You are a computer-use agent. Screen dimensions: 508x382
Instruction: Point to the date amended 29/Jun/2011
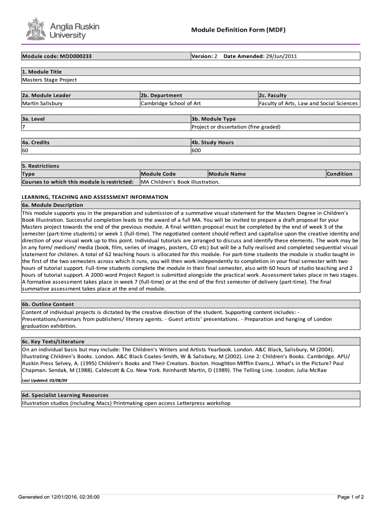pos(281,56)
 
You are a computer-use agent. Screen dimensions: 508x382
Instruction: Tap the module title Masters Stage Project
pos(49,79)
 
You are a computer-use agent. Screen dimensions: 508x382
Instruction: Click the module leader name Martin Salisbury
pos(42,103)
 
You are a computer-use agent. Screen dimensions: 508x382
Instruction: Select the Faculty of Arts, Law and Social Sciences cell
pos(308,103)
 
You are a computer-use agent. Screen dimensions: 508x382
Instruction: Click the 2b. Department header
pos(161,95)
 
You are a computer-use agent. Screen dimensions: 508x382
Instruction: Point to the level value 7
pos(23,127)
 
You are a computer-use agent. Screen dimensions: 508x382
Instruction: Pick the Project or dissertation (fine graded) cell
pos(236,127)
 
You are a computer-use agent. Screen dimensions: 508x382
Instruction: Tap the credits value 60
pos(25,150)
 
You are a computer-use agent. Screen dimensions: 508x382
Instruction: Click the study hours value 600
pos(196,150)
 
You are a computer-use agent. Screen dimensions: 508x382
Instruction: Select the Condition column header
pos(339,174)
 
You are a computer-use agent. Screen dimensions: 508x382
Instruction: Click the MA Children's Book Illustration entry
pos(180,182)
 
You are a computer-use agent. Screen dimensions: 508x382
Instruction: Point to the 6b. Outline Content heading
pos(48,304)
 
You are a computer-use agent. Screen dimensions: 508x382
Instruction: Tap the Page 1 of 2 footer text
pos(351,497)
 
